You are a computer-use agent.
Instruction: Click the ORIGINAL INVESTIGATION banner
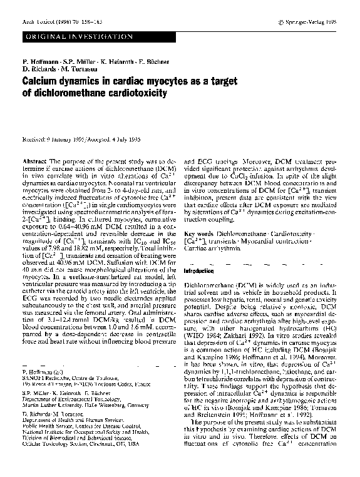(75, 38)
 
